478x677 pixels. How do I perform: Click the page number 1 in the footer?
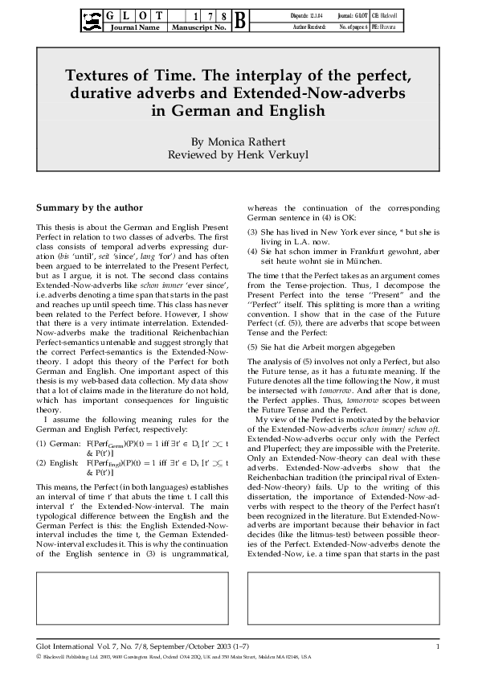(437, 646)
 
